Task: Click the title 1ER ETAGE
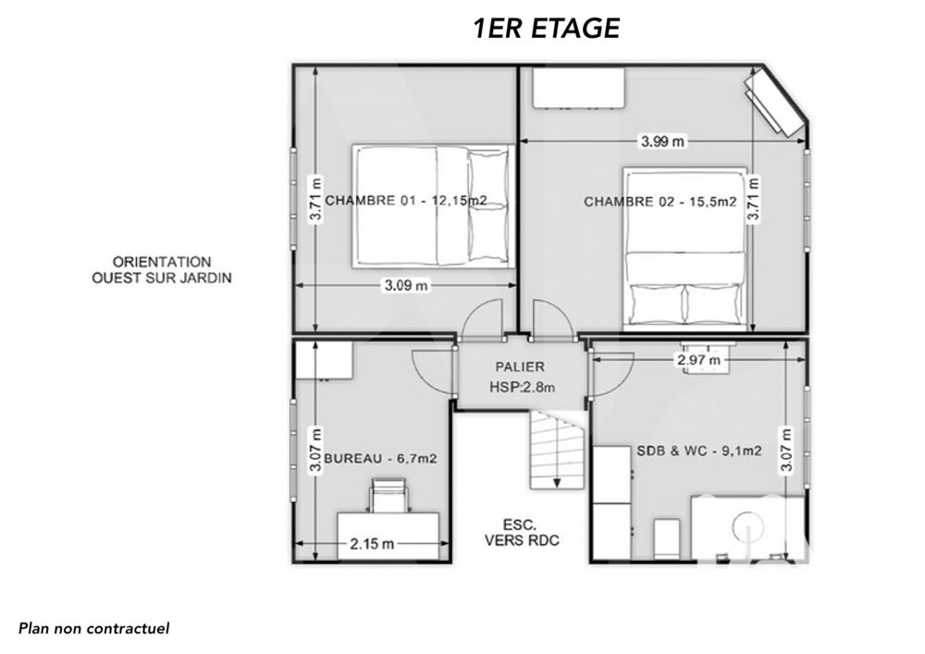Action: [546, 29]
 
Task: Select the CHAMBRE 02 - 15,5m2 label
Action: [660, 202]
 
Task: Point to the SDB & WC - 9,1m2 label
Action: [698, 450]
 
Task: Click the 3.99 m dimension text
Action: [663, 142]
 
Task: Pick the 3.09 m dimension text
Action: [406, 286]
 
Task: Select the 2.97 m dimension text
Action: [699, 360]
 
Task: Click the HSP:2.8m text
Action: [523, 388]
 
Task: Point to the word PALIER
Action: [519, 366]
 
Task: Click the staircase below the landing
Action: [556, 450]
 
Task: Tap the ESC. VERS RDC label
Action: [521, 532]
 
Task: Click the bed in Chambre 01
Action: [430, 205]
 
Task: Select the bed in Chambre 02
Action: [684, 248]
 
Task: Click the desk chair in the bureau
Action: [389, 495]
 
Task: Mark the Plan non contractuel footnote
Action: [94, 628]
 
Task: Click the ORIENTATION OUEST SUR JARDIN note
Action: [162, 269]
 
